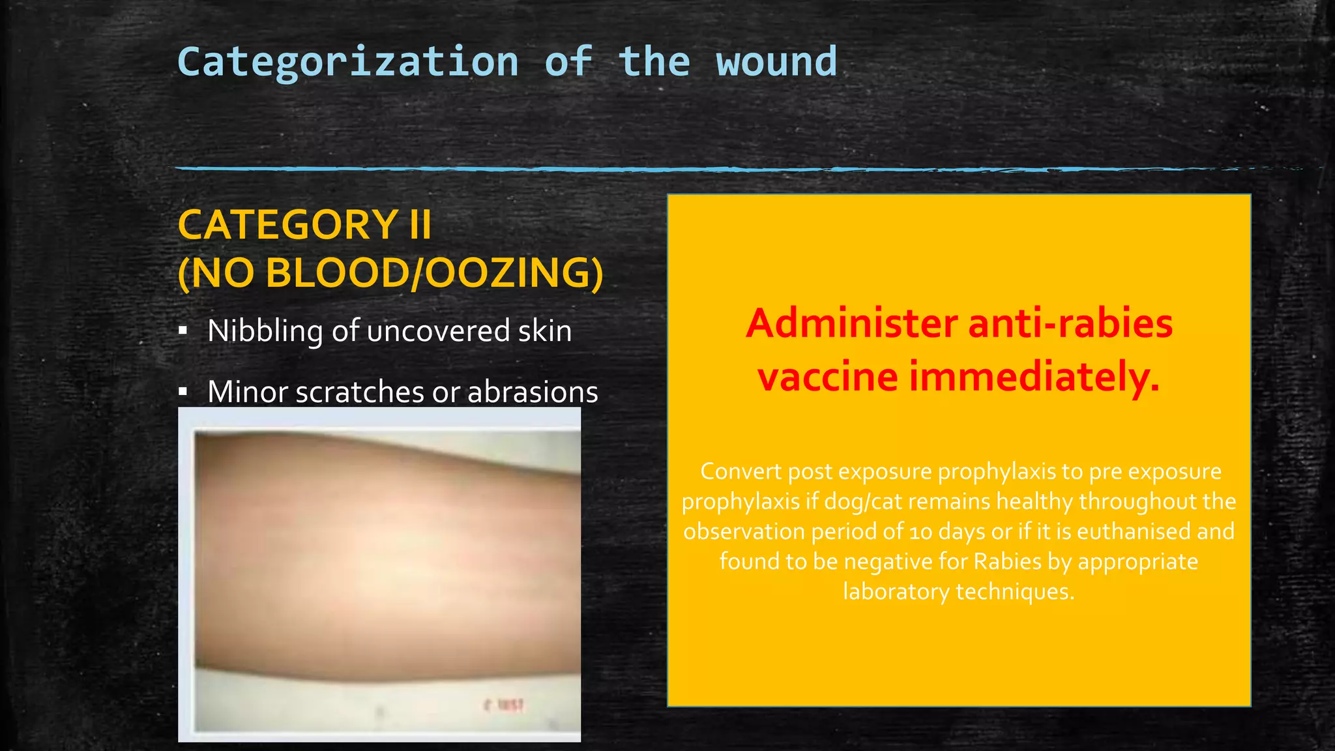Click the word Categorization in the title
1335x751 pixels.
[x=348, y=63]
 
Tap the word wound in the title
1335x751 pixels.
[x=776, y=63]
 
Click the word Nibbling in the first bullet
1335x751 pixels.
[x=265, y=331]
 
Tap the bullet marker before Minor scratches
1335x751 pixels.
[x=184, y=392]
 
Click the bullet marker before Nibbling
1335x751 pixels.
[x=184, y=331]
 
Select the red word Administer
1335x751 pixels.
[x=851, y=323]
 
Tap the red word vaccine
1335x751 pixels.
[x=827, y=377]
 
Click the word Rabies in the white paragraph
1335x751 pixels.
[x=1007, y=561]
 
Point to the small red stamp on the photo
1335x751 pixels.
[x=505, y=705]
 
